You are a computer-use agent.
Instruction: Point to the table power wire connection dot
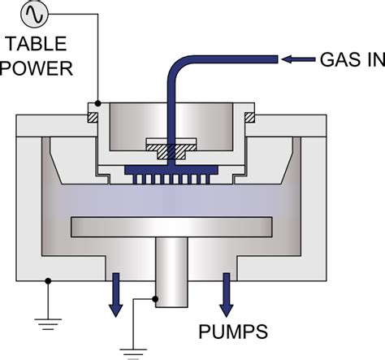pyautogui.click(x=97, y=103)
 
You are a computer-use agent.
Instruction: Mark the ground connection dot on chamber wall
pyautogui.click(x=50, y=281)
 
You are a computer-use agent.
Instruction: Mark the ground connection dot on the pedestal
pyautogui.click(x=157, y=299)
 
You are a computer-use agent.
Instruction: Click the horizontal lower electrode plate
pyautogui.click(x=171, y=224)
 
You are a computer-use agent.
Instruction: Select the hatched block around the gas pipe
pyautogui.click(x=171, y=151)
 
